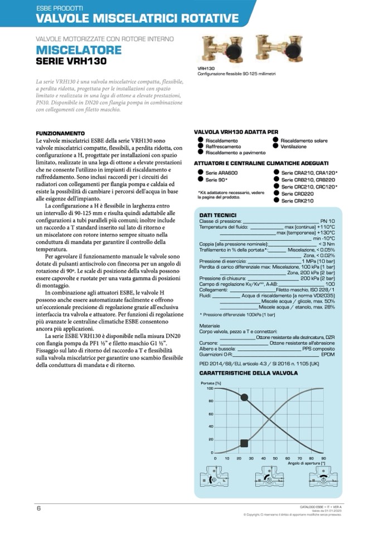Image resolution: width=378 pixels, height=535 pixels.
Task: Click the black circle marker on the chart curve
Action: coord(244,397)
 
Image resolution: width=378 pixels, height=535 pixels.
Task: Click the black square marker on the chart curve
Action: coord(244,443)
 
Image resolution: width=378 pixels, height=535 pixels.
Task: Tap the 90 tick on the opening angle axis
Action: coord(323,458)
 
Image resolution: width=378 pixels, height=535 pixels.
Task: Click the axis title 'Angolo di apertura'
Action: coord(306,463)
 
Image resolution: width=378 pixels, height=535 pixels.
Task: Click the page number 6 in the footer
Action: coord(38,508)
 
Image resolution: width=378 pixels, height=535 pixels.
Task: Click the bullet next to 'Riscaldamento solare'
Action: coord(275,141)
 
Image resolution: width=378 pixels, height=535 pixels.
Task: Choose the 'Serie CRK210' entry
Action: coord(297,200)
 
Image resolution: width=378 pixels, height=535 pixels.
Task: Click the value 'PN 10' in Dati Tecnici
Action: coord(327,221)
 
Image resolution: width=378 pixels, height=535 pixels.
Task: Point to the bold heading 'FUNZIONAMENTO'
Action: coord(60,133)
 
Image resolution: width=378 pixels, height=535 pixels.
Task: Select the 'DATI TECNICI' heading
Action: coord(217,215)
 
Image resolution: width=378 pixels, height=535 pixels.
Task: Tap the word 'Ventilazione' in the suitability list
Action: coord(293,146)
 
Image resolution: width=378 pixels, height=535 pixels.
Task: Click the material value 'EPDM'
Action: coord(328,354)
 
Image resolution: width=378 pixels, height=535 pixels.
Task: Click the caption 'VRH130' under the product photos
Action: coord(206,68)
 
